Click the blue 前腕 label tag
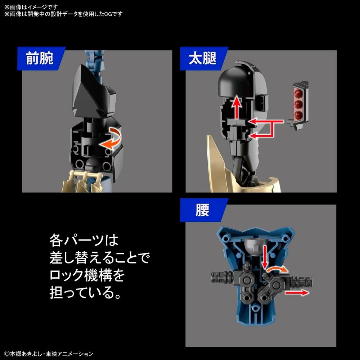(x=41, y=58)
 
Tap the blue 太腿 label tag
(x=203, y=58)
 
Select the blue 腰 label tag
(x=203, y=210)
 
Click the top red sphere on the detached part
(x=299, y=93)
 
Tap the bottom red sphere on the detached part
(x=299, y=114)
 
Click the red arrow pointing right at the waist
(x=297, y=292)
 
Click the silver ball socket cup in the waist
(x=255, y=247)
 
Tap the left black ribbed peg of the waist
(x=222, y=277)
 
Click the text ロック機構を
(x=87, y=275)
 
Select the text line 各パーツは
(x=84, y=240)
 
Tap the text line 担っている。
(x=85, y=293)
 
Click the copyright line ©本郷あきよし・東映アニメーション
(x=49, y=354)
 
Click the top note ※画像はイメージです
(x=31, y=7)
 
